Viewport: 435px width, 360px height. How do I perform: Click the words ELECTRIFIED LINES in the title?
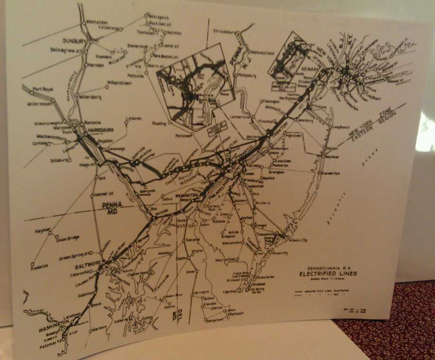click(x=328, y=274)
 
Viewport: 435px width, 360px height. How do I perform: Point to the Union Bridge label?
click(x=69, y=238)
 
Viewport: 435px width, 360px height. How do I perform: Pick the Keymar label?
click(x=43, y=231)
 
